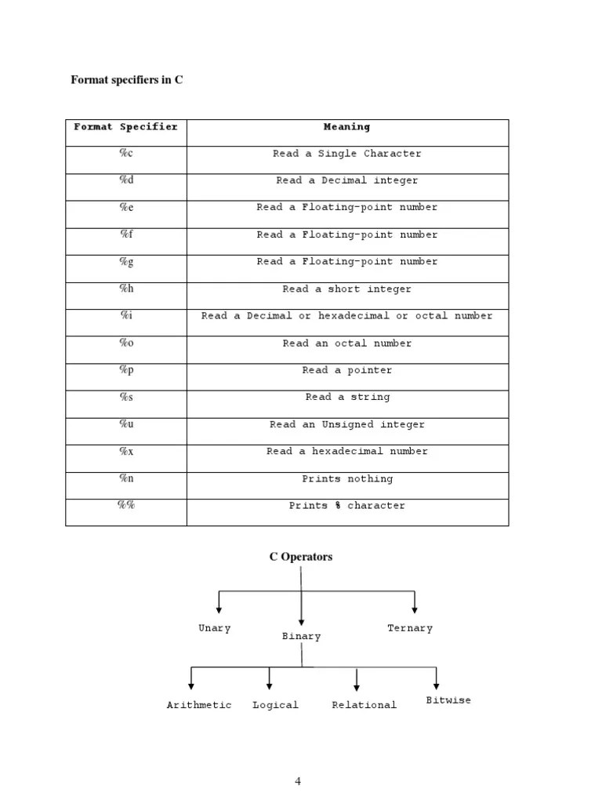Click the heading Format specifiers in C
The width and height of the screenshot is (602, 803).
coord(127,80)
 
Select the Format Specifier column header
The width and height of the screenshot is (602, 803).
coord(125,127)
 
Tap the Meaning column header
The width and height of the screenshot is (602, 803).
coord(346,127)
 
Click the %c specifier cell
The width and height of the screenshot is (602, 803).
coord(126,154)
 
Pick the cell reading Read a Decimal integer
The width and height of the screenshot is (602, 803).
coord(346,181)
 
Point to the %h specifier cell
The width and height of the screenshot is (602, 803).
coord(126,289)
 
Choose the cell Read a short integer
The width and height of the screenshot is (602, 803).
coord(346,289)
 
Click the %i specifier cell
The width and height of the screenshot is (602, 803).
coord(126,315)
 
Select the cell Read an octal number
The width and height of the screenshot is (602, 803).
coord(346,343)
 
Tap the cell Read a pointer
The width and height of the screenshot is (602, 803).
coord(346,370)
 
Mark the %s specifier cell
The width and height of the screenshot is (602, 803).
coord(126,397)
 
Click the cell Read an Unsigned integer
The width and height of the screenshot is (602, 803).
coord(346,425)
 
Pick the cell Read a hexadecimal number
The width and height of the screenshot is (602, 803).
coord(346,452)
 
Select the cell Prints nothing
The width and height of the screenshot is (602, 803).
coord(346,479)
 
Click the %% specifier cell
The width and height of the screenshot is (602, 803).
coord(126,506)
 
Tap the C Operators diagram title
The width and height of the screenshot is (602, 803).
coord(301,557)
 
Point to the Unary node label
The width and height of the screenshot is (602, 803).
coord(215,629)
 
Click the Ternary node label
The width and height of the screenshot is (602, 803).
coord(410,629)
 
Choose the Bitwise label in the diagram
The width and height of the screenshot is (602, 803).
coord(448,700)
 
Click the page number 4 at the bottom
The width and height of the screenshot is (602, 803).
coord(298,781)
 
